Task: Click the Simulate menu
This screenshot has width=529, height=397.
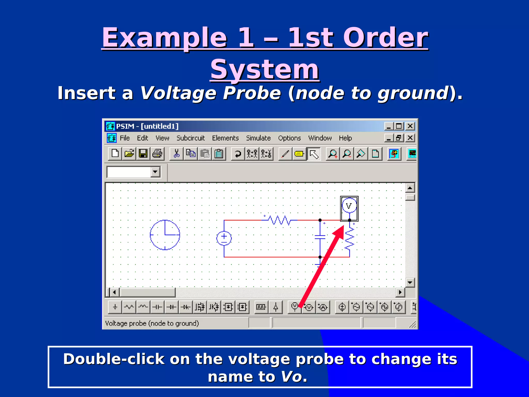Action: [x=258, y=138]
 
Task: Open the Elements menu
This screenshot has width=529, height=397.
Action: [x=225, y=138]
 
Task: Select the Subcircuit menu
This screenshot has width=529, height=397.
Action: [x=190, y=138]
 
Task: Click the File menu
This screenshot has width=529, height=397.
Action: [x=125, y=138]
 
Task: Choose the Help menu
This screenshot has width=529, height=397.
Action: [x=345, y=138]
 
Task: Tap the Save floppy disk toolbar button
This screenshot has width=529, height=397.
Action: [x=143, y=154]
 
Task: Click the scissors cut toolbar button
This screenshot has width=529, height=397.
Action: [x=177, y=154]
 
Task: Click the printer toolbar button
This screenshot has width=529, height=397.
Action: [x=157, y=154]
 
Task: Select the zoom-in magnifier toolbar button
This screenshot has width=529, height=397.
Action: [x=333, y=154]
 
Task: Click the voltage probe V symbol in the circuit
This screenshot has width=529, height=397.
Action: [x=349, y=206]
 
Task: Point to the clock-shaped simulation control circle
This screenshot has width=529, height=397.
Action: [x=165, y=235]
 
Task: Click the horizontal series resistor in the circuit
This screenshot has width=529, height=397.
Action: [x=279, y=220]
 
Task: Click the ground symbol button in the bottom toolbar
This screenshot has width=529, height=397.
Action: [x=115, y=307]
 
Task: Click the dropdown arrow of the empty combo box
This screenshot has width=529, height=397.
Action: [x=155, y=172]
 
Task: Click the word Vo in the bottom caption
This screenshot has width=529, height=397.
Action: [x=291, y=377]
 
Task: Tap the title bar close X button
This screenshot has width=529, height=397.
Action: [x=410, y=126]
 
